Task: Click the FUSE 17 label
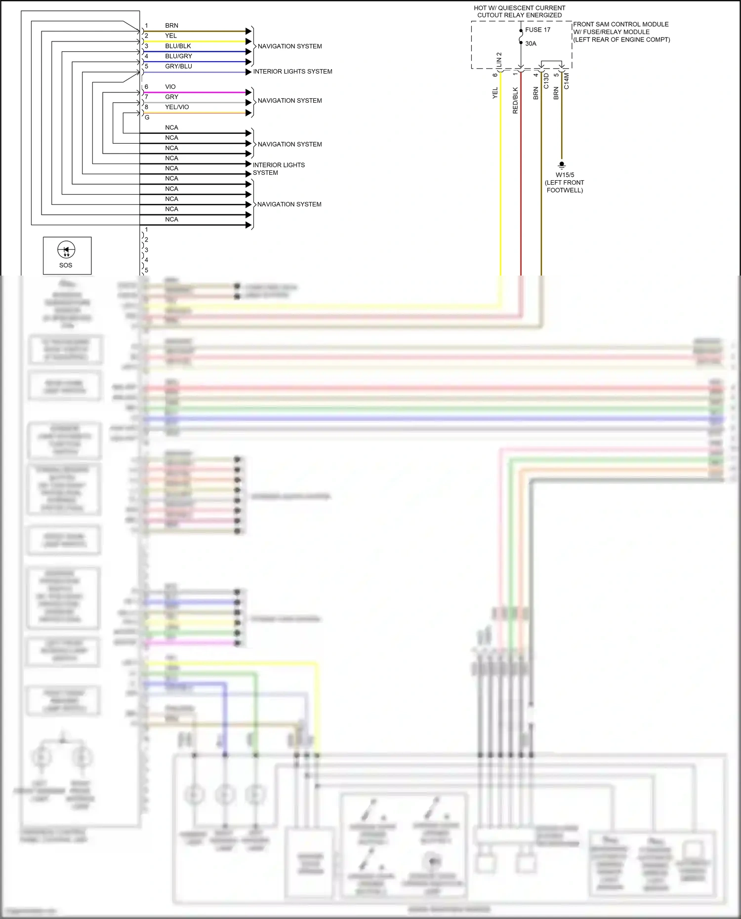(x=537, y=30)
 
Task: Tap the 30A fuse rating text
(x=531, y=43)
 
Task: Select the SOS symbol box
(x=67, y=255)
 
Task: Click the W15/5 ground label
(x=565, y=175)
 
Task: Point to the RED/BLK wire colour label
(x=515, y=101)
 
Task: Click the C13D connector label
(x=546, y=81)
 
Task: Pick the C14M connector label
(x=566, y=81)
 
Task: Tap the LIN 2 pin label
(x=499, y=60)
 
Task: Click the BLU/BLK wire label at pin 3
(x=178, y=46)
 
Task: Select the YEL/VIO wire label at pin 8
(x=177, y=107)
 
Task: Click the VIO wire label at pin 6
(x=170, y=87)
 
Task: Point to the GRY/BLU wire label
(x=178, y=66)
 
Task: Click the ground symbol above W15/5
(x=561, y=165)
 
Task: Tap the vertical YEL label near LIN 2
(x=495, y=93)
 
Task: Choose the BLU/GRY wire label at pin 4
(x=178, y=56)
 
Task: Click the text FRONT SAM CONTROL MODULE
(x=620, y=24)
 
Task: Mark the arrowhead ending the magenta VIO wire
(x=248, y=92)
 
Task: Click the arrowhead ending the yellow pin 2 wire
(x=248, y=41)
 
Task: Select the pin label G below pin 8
(x=147, y=118)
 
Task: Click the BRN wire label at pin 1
(x=171, y=26)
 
